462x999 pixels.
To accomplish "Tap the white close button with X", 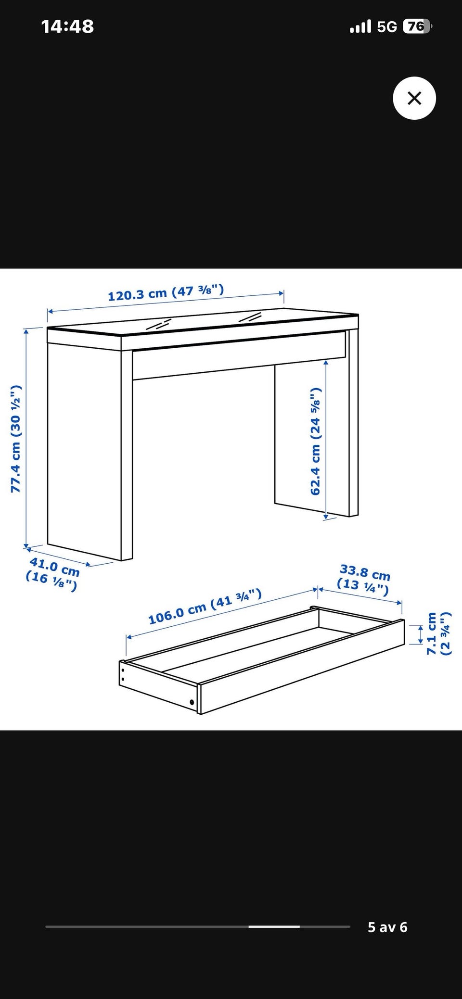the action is point(414,98).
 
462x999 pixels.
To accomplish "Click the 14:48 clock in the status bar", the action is point(67,26).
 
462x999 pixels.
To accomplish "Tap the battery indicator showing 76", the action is point(417,26).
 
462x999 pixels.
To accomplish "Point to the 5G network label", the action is point(387,26).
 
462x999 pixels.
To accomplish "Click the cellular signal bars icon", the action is point(360,26).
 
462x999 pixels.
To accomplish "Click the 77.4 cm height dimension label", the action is point(16,439).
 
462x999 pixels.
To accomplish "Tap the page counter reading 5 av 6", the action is point(387,927).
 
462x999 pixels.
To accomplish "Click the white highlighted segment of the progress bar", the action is point(274,926).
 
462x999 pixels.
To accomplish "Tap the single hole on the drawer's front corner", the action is point(192,702).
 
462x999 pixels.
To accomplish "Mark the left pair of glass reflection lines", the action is point(159,324).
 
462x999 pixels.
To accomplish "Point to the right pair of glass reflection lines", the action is point(250,317).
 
